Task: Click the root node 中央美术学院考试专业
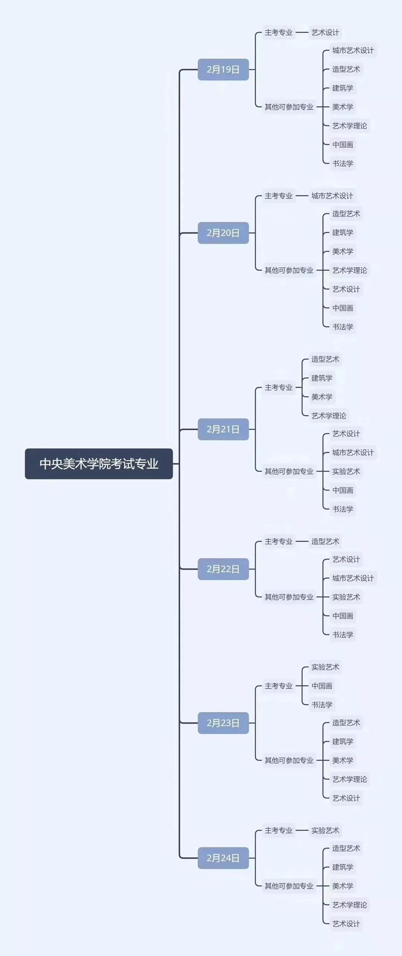(99, 464)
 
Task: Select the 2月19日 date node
(223, 70)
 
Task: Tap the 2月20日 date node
(223, 233)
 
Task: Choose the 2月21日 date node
(223, 429)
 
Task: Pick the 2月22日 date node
(223, 569)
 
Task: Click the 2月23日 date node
(223, 723)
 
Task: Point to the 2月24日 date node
(223, 858)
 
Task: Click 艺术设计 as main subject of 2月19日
(325, 33)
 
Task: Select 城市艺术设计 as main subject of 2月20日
(332, 196)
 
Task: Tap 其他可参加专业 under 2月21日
(289, 471)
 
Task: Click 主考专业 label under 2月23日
(278, 686)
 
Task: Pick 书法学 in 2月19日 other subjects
(342, 163)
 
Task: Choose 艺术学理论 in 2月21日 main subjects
(328, 416)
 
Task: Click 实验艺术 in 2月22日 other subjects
(346, 597)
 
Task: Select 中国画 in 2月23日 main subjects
(322, 686)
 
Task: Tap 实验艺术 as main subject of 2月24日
(325, 830)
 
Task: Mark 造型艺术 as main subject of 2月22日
(325, 542)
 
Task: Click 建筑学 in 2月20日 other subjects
(342, 232)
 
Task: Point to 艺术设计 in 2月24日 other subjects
(346, 923)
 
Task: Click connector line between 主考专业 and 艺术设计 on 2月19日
(302, 33)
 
